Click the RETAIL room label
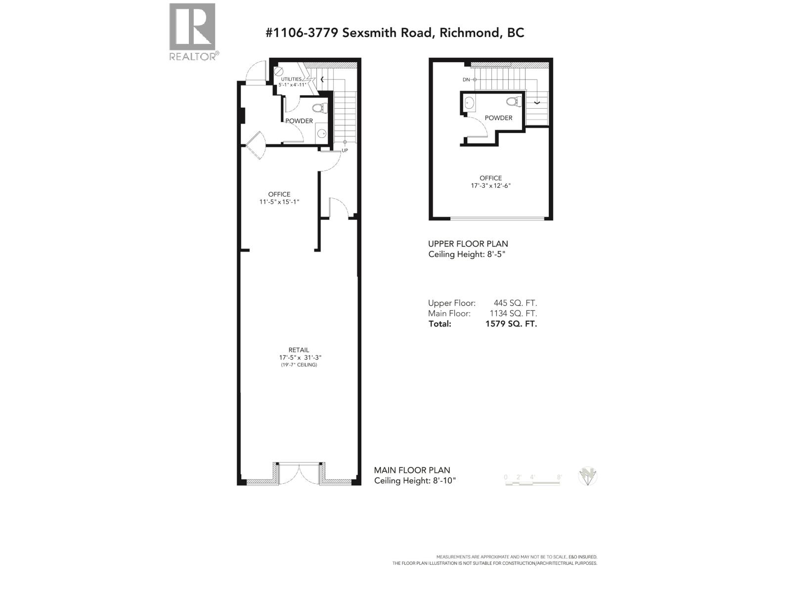pyautogui.click(x=299, y=350)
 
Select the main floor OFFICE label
pyautogui.click(x=279, y=194)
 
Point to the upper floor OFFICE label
pyautogui.click(x=490, y=178)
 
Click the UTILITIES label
pyautogui.click(x=291, y=79)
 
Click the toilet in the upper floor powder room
pyautogui.click(x=514, y=102)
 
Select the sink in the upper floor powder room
pyautogui.click(x=469, y=103)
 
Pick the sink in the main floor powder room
pyautogui.click(x=321, y=133)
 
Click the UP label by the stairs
pyautogui.click(x=345, y=150)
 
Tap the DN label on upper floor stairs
pyautogui.click(x=466, y=80)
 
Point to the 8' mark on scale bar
pyautogui.click(x=559, y=477)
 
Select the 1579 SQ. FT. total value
pyautogui.click(x=511, y=324)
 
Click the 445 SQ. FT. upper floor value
pyautogui.click(x=515, y=303)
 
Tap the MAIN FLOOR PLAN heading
pyautogui.click(x=412, y=470)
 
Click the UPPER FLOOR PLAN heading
pyautogui.click(x=468, y=244)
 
